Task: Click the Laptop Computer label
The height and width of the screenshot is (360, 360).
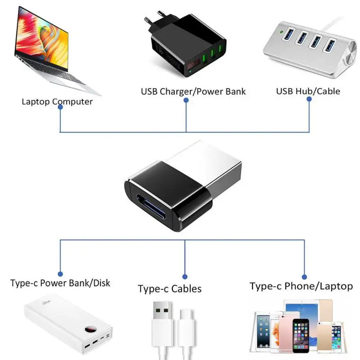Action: (57, 102)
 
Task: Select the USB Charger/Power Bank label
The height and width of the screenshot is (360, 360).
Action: (193, 92)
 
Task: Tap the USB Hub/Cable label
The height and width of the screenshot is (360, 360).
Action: (308, 91)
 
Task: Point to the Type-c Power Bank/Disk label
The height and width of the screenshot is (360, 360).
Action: (60, 283)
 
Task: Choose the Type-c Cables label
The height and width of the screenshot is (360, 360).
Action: (169, 289)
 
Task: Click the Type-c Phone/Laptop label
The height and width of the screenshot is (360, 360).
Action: (301, 286)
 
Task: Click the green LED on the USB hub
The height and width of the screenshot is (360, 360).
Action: (281, 32)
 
